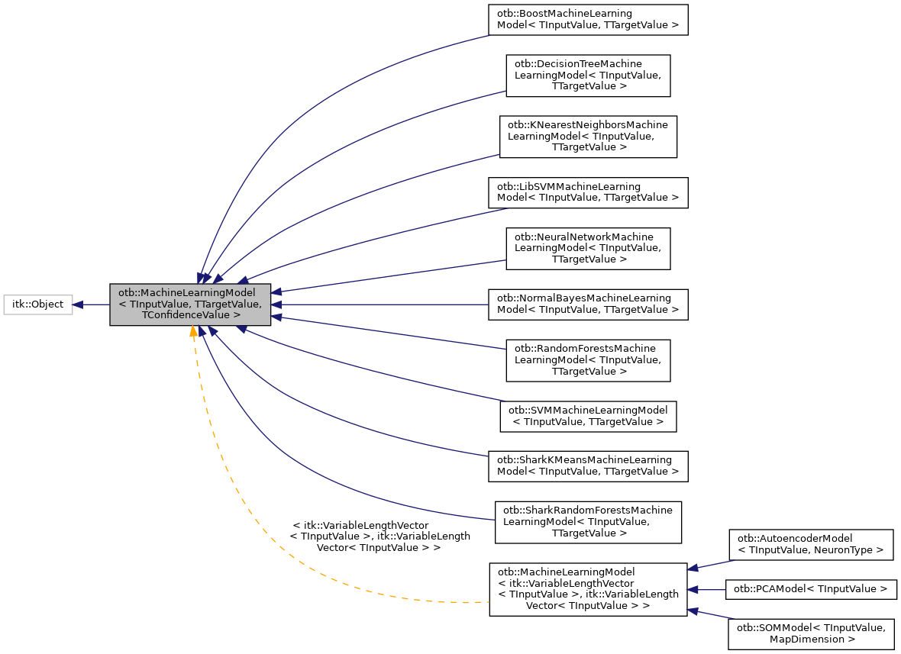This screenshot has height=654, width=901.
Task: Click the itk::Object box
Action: [x=38, y=304]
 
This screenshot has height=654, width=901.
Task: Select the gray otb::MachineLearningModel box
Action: [x=190, y=304]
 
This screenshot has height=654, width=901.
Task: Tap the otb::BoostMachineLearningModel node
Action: [x=588, y=20]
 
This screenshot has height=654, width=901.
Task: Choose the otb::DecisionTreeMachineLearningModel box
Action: [x=588, y=75]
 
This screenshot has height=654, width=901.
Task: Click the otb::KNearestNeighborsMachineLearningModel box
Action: [x=588, y=136]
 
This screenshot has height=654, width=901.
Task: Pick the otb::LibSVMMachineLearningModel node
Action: [x=588, y=192]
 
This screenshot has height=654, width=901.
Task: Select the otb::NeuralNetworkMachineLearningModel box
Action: [x=588, y=248]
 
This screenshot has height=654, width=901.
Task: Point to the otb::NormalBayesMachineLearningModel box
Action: [x=588, y=304]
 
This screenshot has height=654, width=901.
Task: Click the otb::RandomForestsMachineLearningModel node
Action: [x=588, y=360]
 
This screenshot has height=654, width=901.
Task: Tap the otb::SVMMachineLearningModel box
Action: [x=588, y=416]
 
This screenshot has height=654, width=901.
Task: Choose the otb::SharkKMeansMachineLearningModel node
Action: [x=588, y=466]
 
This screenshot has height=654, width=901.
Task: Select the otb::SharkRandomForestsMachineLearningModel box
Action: [x=588, y=522]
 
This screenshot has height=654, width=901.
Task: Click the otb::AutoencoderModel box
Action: [x=811, y=544]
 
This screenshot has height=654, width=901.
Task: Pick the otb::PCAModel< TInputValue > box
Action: [x=811, y=589]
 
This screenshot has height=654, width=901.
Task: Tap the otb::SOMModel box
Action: [x=811, y=633]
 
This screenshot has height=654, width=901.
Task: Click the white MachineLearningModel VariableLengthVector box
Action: [x=588, y=589]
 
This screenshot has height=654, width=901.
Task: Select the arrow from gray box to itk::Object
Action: [x=92, y=304]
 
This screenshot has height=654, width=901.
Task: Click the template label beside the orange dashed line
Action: [x=379, y=536]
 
